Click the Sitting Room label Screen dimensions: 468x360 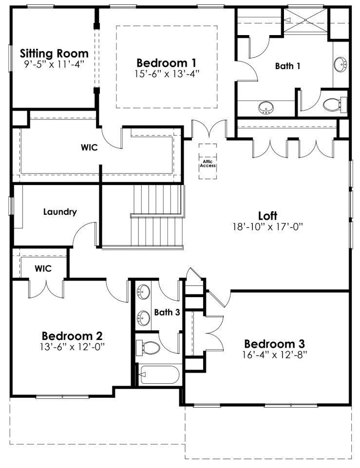pos(54,53)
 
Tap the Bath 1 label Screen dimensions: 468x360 pos(287,66)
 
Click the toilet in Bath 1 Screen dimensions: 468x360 pos(335,104)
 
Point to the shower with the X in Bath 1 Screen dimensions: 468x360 pos(305,20)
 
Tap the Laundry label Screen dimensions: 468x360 pos(60,212)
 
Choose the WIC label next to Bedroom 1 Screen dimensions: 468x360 pos(89,148)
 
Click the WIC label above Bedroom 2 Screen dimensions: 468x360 pos(43,268)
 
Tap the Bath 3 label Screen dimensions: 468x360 pos(167,312)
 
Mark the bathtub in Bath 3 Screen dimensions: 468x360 pos(159,374)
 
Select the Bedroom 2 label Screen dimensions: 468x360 pos(72,336)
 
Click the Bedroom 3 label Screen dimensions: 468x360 pos(275,343)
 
